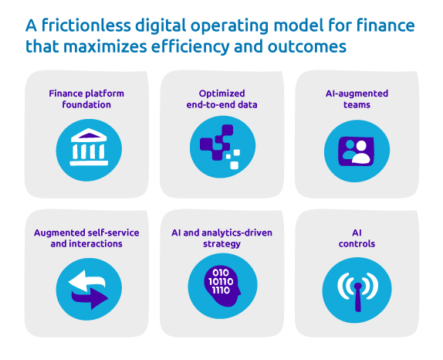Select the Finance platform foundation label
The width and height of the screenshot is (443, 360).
point(86,99)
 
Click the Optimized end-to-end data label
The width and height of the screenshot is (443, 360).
point(221,99)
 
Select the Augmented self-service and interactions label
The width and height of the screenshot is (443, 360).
point(86,238)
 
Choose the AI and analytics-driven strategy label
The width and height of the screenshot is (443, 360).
point(221,238)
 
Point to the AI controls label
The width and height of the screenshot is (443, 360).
point(356,238)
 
